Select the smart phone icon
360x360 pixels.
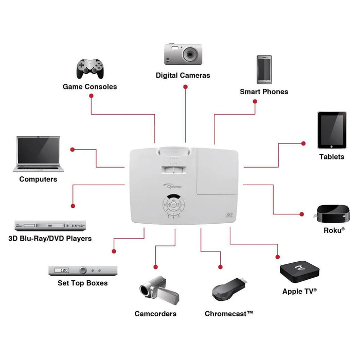(x=264, y=69)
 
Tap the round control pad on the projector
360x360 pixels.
(x=174, y=205)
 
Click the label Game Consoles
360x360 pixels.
(x=90, y=87)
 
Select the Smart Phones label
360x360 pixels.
(x=264, y=92)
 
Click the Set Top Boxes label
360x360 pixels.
(x=83, y=283)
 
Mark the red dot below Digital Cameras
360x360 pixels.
(x=185, y=87)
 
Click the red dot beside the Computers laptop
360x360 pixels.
(x=73, y=150)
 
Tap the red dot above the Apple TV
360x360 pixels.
(x=278, y=257)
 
